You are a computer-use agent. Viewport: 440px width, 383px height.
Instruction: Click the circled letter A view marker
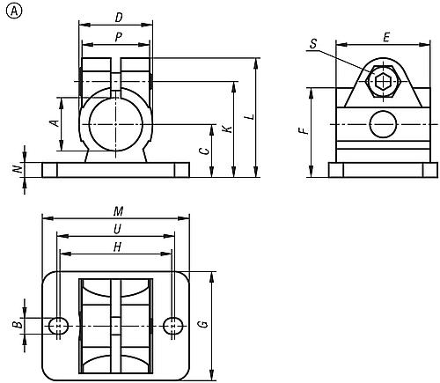click(x=11, y=11)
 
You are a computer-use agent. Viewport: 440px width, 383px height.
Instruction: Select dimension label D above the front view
click(x=118, y=17)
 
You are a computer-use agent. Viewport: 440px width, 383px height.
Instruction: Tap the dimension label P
click(x=118, y=36)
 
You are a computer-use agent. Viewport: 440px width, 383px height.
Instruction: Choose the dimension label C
click(x=203, y=151)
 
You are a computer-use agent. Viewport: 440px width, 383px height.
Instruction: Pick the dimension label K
click(x=227, y=129)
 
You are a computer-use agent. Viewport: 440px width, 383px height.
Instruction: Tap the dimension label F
click(x=304, y=130)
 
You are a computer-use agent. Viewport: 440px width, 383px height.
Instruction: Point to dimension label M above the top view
click(x=117, y=210)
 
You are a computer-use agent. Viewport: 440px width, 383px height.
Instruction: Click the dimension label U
click(x=117, y=228)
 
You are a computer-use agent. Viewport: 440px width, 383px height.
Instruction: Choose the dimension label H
click(x=117, y=247)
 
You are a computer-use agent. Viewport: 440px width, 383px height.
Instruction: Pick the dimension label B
click(x=17, y=326)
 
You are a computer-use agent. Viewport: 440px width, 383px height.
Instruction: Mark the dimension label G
click(x=203, y=324)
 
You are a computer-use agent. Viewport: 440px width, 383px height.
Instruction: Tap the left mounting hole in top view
click(x=59, y=326)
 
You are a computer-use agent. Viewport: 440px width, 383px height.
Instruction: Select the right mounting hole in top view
click(x=173, y=326)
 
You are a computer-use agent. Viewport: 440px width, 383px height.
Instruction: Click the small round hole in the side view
click(x=383, y=124)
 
